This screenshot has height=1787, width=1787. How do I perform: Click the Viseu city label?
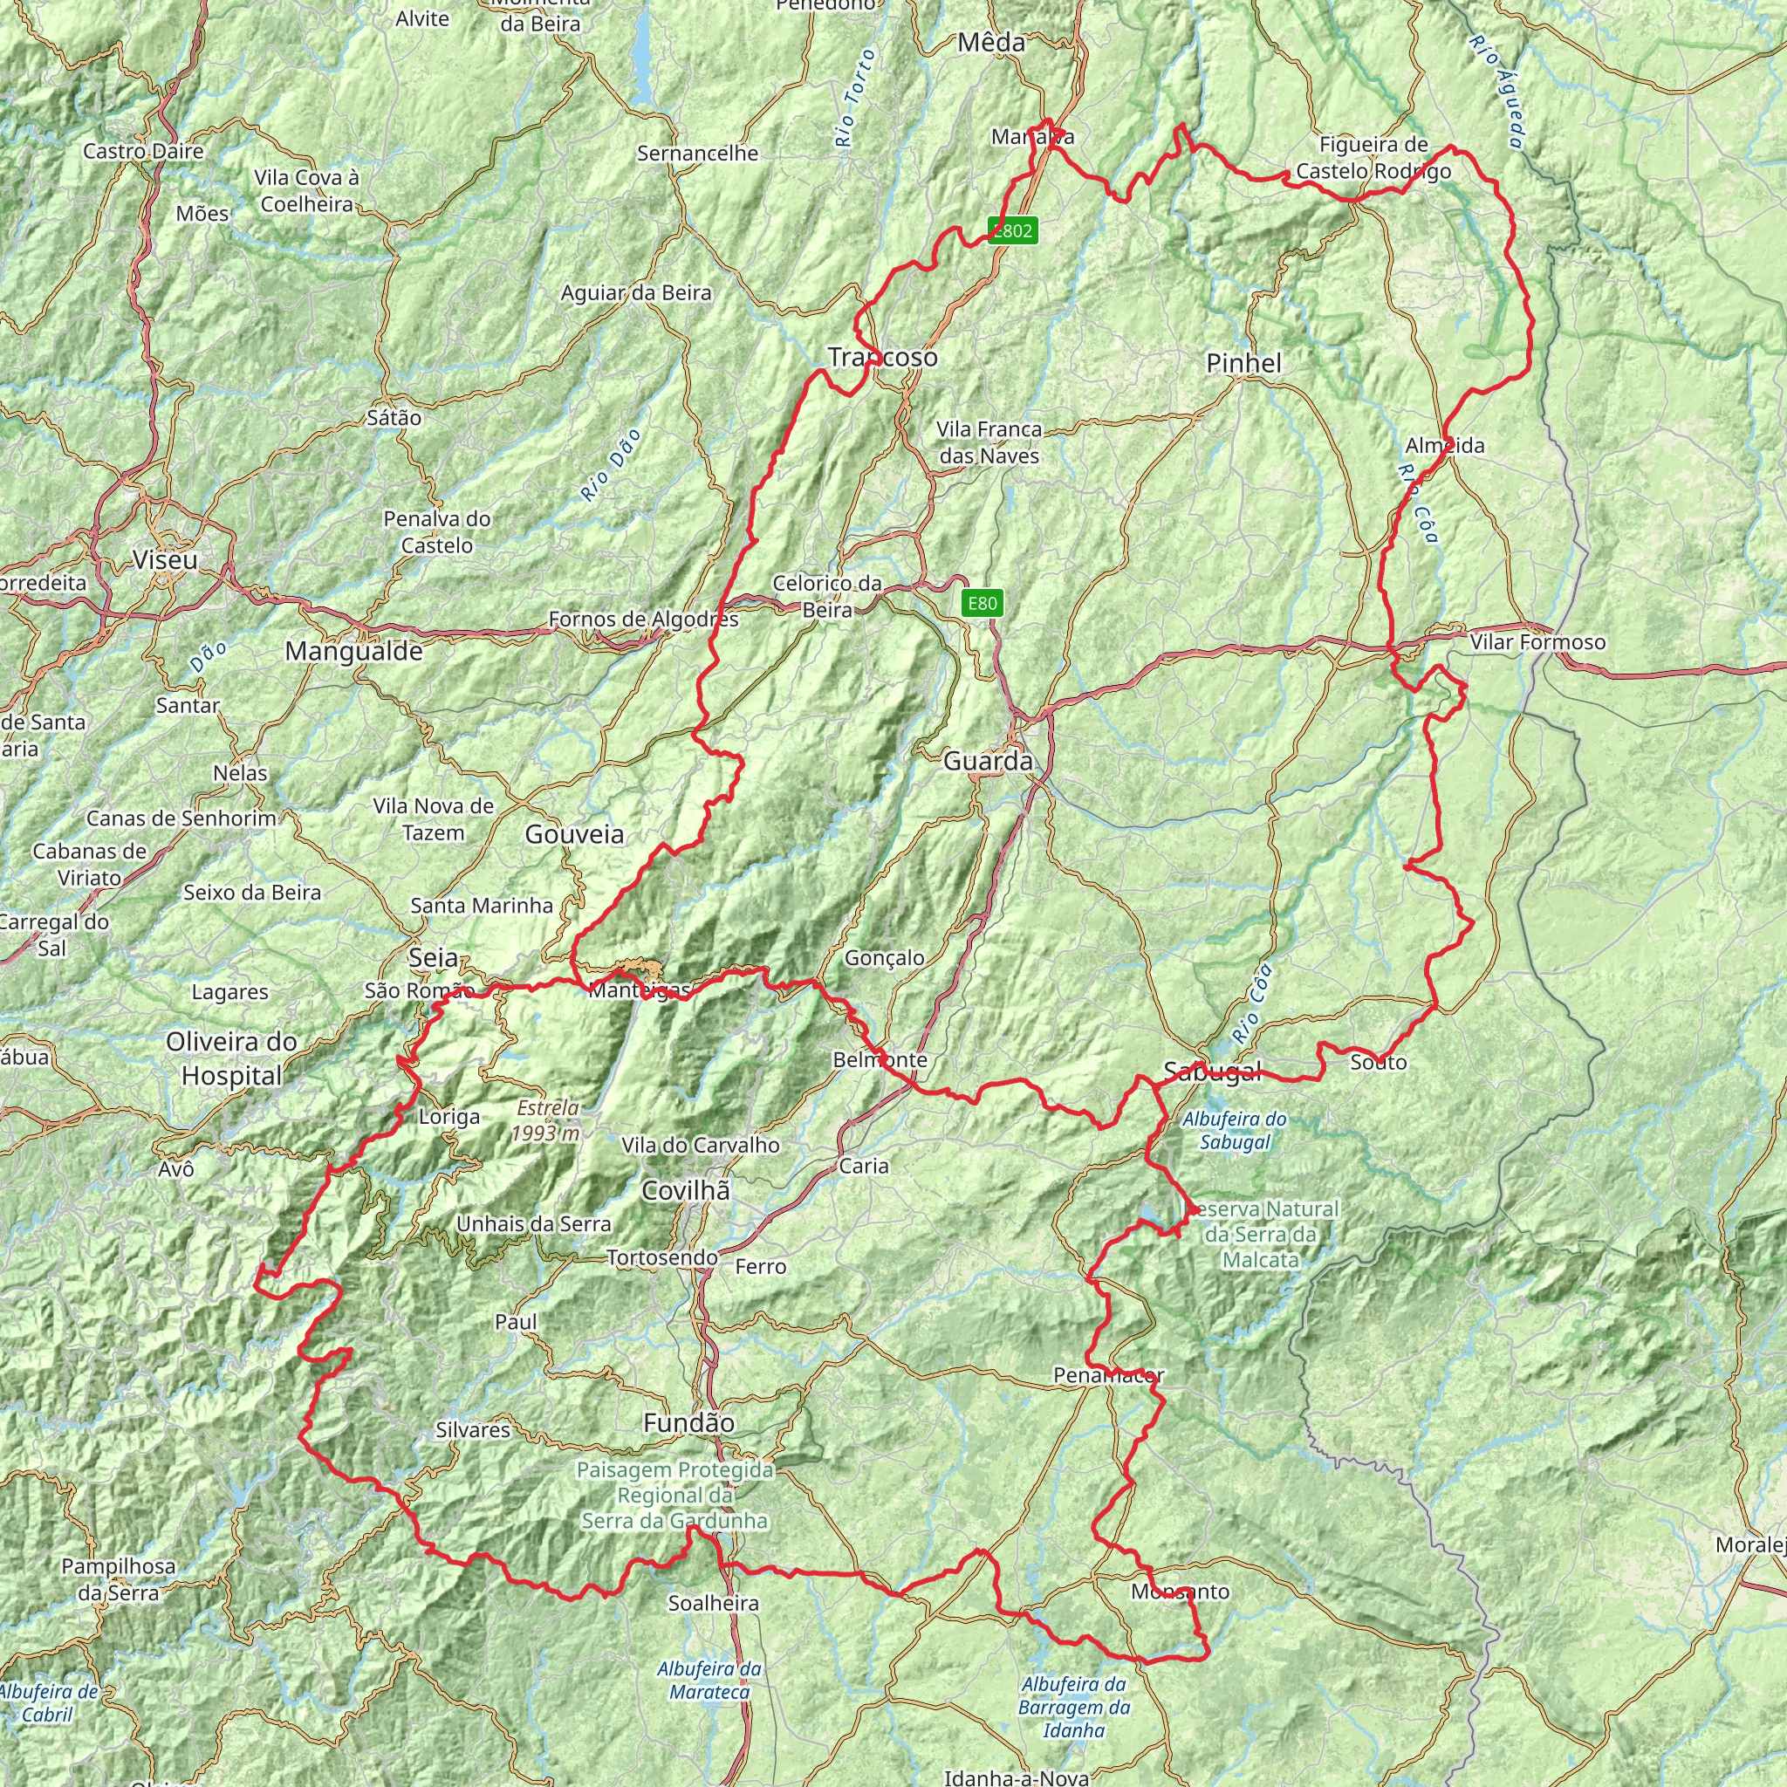[165, 559]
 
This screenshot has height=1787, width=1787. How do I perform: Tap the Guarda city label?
[988, 761]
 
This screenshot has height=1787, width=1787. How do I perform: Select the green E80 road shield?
[982, 604]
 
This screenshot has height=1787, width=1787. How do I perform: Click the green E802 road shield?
[1012, 230]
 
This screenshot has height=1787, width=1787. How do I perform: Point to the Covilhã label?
[687, 1190]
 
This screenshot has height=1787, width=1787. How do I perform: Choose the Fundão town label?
[689, 1422]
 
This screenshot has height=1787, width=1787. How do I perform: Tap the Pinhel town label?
[1244, 364]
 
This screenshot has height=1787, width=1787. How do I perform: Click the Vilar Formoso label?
[1537, 642]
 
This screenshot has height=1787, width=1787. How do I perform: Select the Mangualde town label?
[354, 651]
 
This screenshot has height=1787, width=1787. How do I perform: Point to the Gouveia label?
[574, 834]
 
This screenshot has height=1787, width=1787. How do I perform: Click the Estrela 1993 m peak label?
[548, 1120]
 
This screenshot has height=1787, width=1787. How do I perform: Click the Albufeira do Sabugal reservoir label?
[1235, 1130]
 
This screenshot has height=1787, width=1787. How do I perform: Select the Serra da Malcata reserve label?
[1263, 1234]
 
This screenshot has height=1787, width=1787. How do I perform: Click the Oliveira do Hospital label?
[231, 1058]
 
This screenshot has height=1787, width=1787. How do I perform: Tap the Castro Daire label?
[143, 151]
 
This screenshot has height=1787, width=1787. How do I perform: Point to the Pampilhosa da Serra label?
[119, 1578]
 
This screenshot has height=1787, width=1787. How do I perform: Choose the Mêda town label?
[991, 42]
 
